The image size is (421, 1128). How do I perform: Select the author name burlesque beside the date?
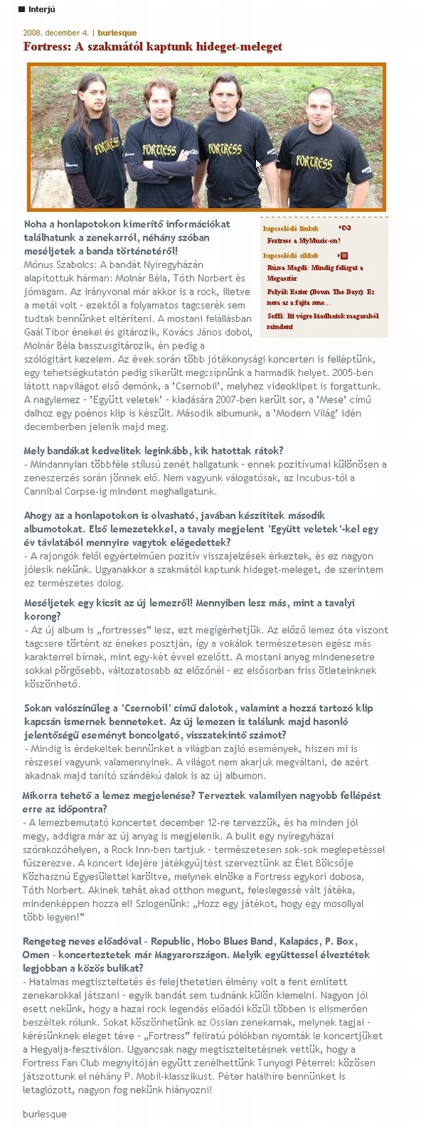click(117, 33)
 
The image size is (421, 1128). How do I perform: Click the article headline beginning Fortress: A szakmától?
click(153, 47)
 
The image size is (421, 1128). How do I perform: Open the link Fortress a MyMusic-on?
click(304, 241)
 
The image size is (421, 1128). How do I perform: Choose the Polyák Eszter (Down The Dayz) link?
click(321, 296)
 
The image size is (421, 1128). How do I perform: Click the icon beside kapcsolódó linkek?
click(345, 228)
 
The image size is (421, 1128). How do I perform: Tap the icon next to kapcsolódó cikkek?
click(344, 256)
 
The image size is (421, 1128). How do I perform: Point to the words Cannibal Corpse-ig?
click(63, 492)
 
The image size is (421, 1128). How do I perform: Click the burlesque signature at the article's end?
click(44, 1113)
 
